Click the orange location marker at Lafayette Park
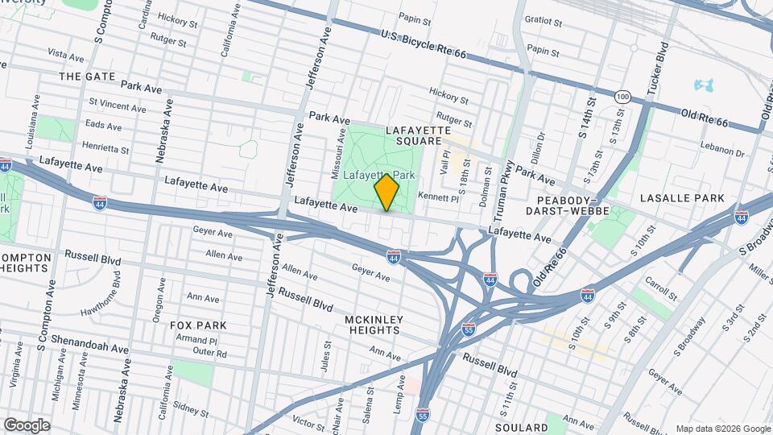387,193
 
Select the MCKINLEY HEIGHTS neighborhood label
374,325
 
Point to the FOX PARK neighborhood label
198,325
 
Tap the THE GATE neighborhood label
88,76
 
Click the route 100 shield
621,96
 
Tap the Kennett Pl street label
439,197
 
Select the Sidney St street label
191,411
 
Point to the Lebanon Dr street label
721,151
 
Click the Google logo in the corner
27,425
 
